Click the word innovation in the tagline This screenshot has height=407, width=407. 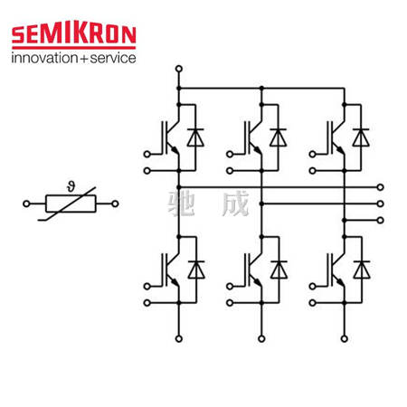click(x=44, y=58)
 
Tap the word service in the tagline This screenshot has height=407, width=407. click(x=113, y=58)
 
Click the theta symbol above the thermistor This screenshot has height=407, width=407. click(x=71, y=186)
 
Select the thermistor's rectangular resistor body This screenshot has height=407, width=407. click(x=71, y=203)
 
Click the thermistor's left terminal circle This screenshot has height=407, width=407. click(x=26, y=203)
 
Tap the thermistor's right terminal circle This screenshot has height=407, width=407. click(x=115, y=203)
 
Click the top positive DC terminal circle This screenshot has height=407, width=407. click(x=179, y=69)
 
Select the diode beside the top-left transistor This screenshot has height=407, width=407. click(x=195, y=137)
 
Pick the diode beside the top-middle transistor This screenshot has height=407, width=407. click(x=278, y=137)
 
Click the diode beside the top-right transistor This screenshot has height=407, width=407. click(x=361, y=137)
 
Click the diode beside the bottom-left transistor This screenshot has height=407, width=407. click(x=196, y=270)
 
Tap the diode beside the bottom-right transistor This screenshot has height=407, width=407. click(x=362, y=270)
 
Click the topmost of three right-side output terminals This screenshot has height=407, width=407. click(x=381, y=187)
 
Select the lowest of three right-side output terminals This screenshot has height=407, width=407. click(x=381, y=221)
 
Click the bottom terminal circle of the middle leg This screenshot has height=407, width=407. click(x=261, y=339)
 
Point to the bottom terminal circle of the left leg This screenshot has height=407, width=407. click(x=179, y=339)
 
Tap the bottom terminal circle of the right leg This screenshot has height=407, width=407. click(x=345, y=339)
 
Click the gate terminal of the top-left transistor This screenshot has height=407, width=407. click(x=147, y=155)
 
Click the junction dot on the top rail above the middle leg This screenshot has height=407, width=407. click(x=261, y=89)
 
